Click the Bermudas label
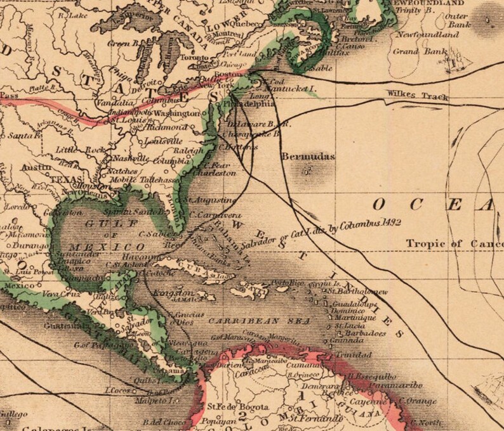(308, 156)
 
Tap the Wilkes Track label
(417, 96)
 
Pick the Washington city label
(176, 113)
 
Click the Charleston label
(213, 173)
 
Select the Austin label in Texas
(32, 167)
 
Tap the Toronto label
(187, 55)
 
